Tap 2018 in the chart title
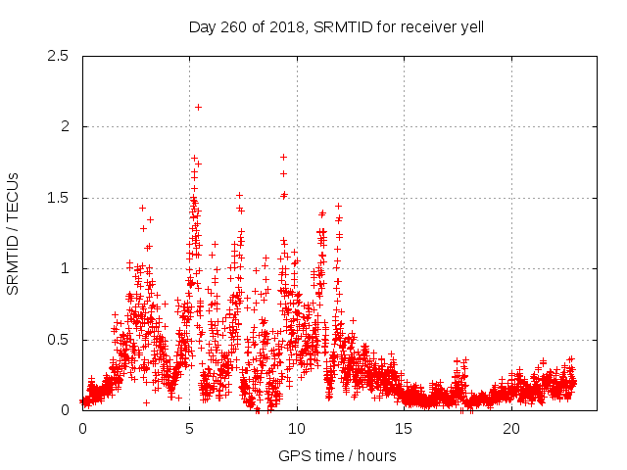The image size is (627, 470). coord(290,27)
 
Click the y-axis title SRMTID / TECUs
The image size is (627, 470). coord(14,233)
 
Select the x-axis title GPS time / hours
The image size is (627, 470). coord(337,455)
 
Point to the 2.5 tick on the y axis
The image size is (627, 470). coord(60,56)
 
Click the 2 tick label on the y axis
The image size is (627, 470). coord(65,126)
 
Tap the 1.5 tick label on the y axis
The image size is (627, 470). coord(60,198)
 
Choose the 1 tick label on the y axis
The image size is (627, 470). coord(65,268)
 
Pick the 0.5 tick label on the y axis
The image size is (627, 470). coord(60,340)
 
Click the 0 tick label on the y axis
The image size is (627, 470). coord(65,410)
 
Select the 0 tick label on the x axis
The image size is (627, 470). coord(82,429)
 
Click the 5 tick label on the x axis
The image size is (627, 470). coord(190,429)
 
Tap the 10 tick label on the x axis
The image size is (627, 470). coord(297,429)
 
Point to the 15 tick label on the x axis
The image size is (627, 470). coord(405,429)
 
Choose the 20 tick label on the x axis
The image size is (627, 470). coord(511,429)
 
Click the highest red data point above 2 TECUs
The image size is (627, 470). coord(198,107)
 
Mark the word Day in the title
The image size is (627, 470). coord(202,27)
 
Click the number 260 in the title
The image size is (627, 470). coord(236,27)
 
